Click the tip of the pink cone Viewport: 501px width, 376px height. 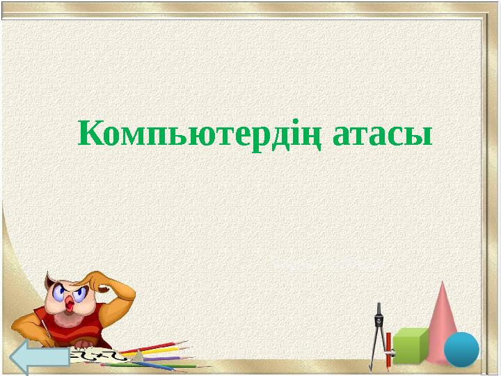(443, 284)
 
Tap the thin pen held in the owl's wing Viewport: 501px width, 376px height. (48, 328)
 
